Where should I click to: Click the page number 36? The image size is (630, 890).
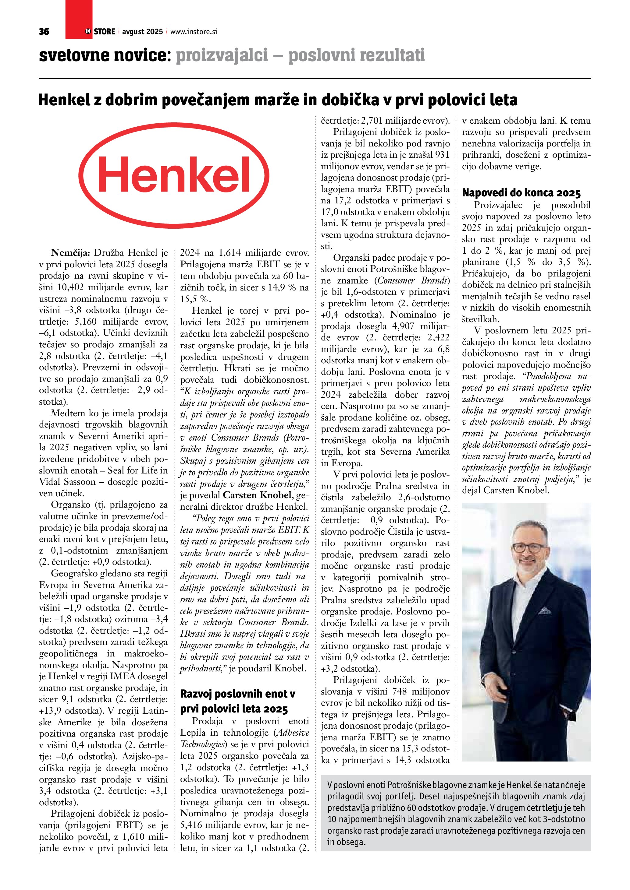[x=44, y=31]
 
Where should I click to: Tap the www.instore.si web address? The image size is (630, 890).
[x=194, y=31]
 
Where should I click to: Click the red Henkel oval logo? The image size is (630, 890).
[x=174, y=176]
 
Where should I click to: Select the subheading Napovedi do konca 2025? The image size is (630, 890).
[x=521, y=193]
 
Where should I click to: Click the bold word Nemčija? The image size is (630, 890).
[x=70, y=253]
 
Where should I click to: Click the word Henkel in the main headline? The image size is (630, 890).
[x=64, y=100]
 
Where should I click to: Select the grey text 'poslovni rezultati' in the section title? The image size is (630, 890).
[x=357, y=55]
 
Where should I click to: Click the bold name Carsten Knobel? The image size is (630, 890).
[x=256, y=495]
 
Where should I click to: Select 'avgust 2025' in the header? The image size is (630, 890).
[x=142, y=31]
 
